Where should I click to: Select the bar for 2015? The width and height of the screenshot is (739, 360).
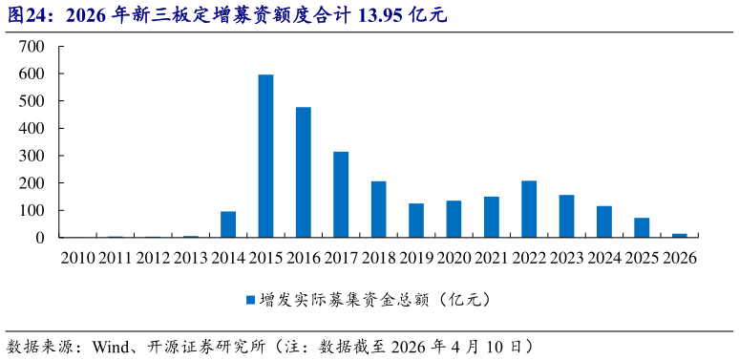point(265,156)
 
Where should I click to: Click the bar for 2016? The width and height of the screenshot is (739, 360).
point(304,172)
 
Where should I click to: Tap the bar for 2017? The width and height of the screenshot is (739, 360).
point(341,194)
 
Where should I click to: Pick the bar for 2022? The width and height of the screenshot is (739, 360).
point(529,209)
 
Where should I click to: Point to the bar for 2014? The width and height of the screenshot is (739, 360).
point(228,224)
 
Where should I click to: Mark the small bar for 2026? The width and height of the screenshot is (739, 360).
point(680,235)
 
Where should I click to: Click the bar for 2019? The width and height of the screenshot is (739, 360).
point(416,221)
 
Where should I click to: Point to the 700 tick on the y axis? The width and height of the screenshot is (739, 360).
point(32,47)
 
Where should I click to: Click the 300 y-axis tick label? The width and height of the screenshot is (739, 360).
point(32,156)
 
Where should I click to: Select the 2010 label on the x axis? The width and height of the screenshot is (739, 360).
point(77,259)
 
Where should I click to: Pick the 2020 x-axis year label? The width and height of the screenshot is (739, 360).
point(454,259)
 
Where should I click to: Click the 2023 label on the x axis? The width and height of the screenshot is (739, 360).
point(566,259)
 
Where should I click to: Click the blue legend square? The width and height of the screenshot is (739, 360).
point(250,300)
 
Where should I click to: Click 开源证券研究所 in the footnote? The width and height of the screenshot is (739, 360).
point(203,346)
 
